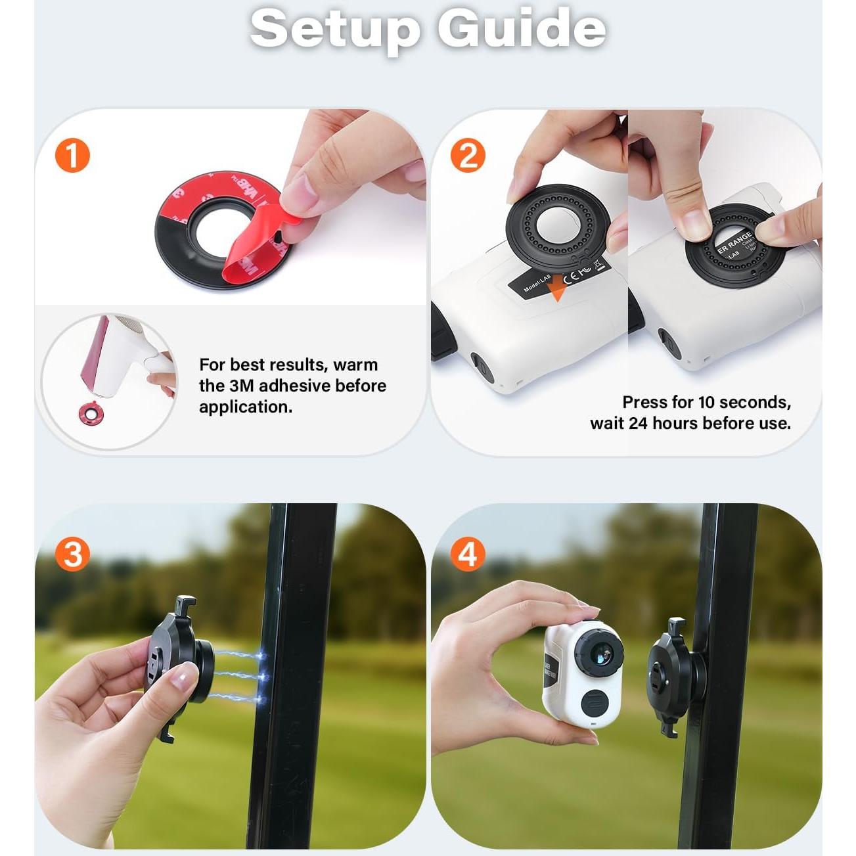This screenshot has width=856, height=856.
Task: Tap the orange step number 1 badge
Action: [72, 156]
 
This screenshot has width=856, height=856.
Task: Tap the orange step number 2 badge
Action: [468, 156]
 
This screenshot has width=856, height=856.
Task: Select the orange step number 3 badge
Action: [72, 554]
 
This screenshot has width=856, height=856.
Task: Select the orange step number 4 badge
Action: [467, 554]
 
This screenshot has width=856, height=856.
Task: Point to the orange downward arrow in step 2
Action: [557, 290]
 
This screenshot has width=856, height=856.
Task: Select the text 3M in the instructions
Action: [240, 386]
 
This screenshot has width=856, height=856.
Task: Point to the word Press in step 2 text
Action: [645, 402]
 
